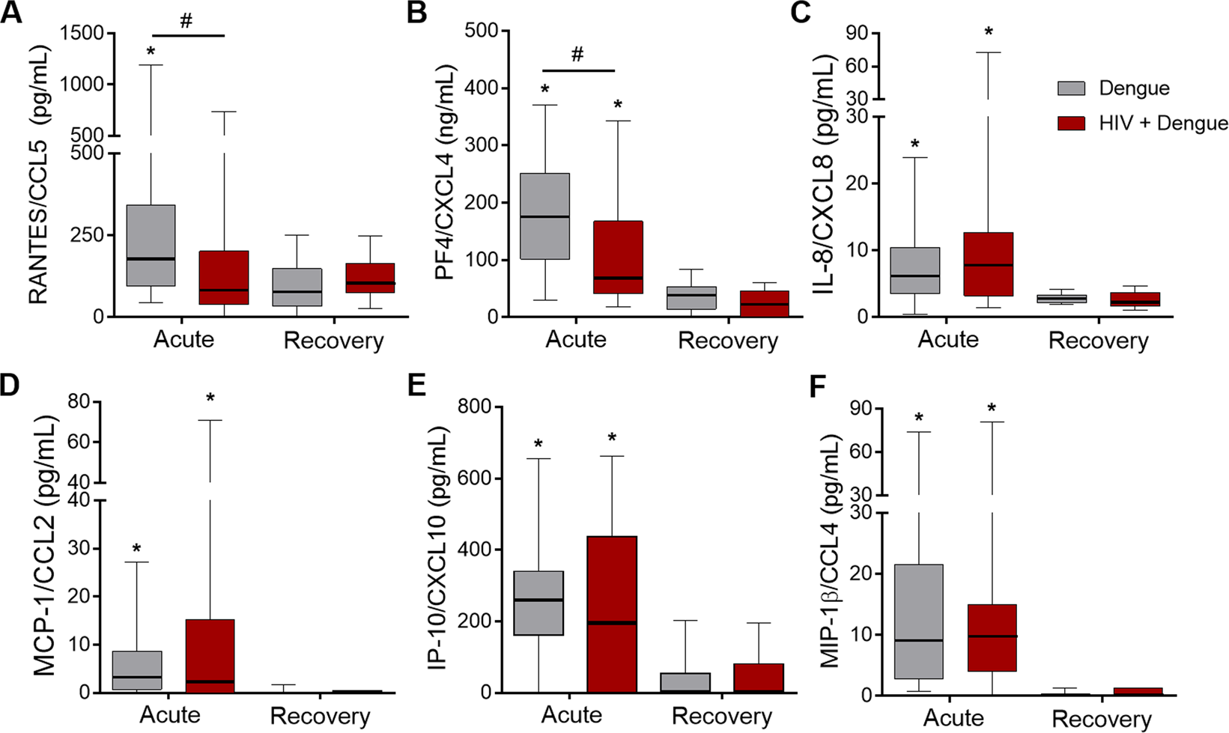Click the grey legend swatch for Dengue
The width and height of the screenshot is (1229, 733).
pyautogui.click(x=1071, y=88)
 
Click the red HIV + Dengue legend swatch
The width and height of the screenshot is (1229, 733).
pyautogui.click(x=1071, y=124)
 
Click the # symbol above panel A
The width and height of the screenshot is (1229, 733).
pyautogui.click(x=186, y=21)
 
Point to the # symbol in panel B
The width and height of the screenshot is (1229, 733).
pyautogui.click(x=577, y=55)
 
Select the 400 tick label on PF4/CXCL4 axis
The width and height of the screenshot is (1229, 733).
pyautogui.click(x=482, y=88)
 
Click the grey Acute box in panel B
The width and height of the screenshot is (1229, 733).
pyautogui.click(x=544, y=216)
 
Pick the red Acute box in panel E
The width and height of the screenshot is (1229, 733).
pyautogui.click(x=612, y=614)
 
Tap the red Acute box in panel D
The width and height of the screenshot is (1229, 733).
pyautogui.click(x=210, y=655)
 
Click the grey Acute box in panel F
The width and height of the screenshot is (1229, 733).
pyautogui.click(x=918, y=621)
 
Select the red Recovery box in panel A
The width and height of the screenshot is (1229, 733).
pyautogui.click(x=370, y=278)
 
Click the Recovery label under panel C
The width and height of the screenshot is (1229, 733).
pyautogui.click(x=1098, y=341)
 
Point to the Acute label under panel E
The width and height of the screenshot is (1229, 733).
pyautogui.click(x=571, y=715)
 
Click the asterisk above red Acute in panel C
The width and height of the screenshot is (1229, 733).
pyautogui.click(x=989, y=33)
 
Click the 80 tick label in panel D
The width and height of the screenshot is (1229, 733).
pyautogui.click(x=79, y=402)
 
